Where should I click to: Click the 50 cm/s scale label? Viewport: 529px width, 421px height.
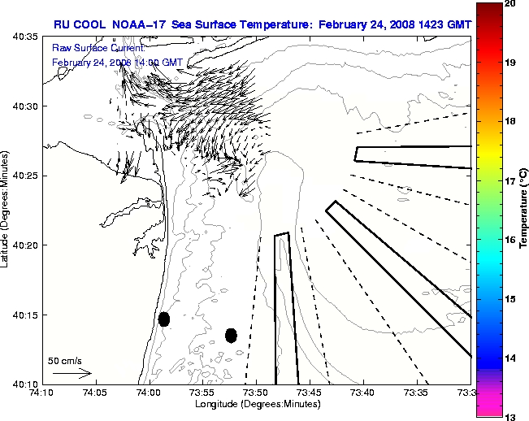tap(65, 360)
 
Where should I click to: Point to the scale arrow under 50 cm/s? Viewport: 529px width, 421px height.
tap(72, 373)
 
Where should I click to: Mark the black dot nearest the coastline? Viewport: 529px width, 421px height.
tap(164, 319)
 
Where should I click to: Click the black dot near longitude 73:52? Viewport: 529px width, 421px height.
tap(231, 335)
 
